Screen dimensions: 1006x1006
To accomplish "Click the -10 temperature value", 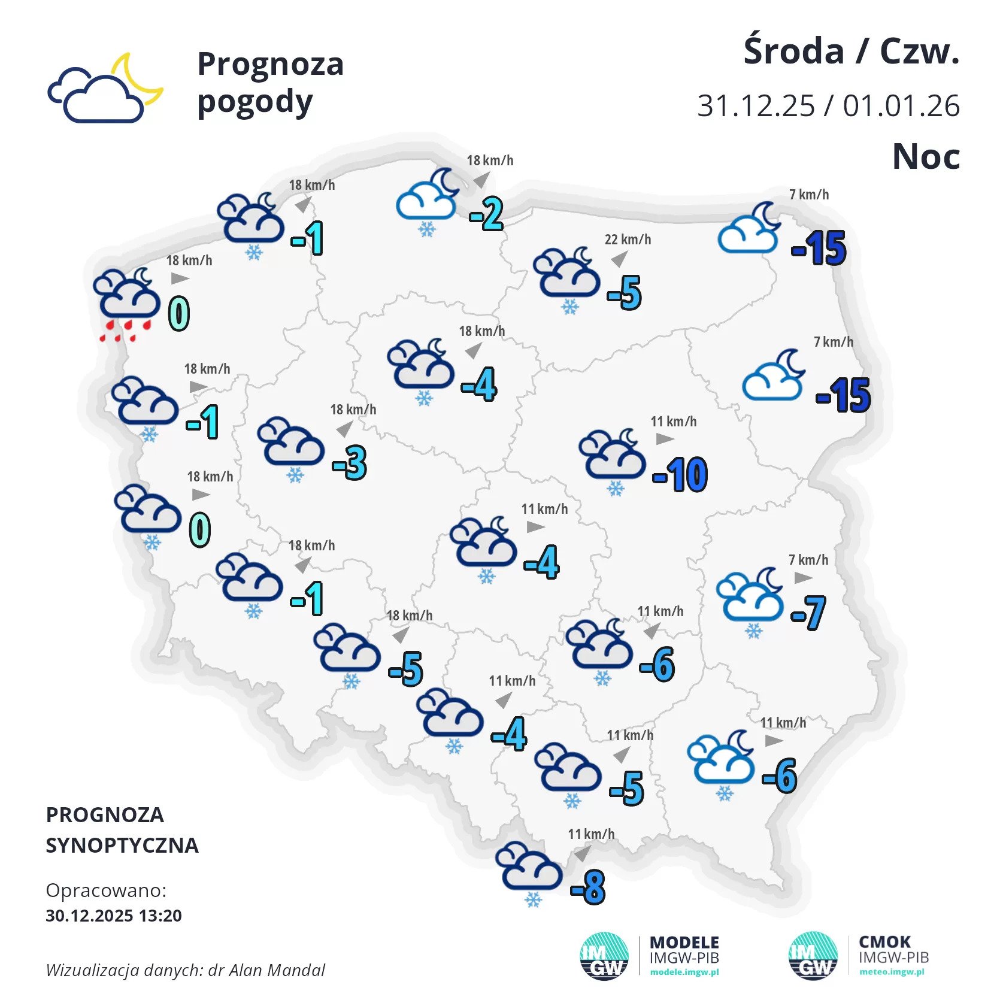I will click(680, 475).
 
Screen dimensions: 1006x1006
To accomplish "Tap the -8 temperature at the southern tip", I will click(588, 887).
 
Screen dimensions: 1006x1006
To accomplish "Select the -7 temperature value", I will click(808, 613).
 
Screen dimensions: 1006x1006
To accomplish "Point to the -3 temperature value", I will click(350, 463).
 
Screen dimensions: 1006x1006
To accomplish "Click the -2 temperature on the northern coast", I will click(486, 214).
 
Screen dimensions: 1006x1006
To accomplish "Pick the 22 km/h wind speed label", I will click(628, 240).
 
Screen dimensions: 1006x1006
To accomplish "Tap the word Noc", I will click(926, 157).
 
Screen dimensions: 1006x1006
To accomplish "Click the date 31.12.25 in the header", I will click(756, 106).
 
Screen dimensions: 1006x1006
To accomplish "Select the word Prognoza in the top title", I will click(271, 64).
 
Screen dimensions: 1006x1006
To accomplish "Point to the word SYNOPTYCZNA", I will click(122, 845).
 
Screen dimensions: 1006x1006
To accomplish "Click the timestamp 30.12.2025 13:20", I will click(114, 916).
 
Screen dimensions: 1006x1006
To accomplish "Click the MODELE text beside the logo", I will click(684, 943).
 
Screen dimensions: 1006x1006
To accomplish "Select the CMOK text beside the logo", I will click(884, 942).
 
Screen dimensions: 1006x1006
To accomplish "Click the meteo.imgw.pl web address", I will click(892, 972).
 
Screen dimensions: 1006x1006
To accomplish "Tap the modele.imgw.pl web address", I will click(684, 972).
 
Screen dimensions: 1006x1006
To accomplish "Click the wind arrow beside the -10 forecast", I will click(664, 439).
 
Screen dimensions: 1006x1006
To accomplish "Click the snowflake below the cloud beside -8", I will click(533, 900).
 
